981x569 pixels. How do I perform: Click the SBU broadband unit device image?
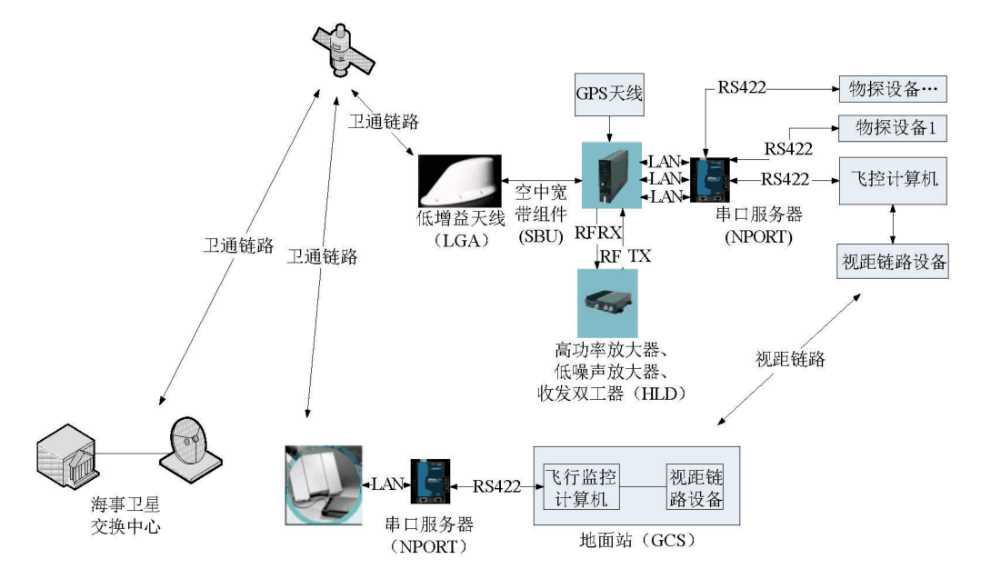click(610, 175)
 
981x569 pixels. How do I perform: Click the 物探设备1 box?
click(892, 129)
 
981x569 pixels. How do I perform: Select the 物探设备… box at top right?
click(892, 89)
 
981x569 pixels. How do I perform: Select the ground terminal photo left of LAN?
click(324, 485)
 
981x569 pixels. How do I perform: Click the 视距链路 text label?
click(788, 359)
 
